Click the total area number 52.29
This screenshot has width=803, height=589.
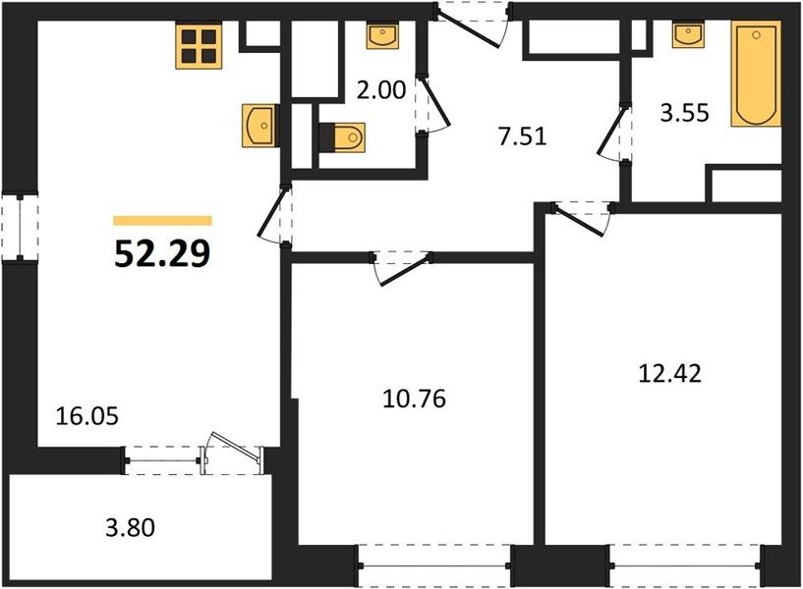click(x=162, y=253)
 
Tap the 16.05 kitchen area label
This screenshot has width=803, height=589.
click(x=87, y=416)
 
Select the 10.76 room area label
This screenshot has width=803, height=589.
click(x=415, y=399)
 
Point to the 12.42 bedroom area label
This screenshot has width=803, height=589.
click(x=670, y=374)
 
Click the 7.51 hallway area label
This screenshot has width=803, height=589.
click(x=523, y=136)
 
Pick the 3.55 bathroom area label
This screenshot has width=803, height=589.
click(x=685, y=113)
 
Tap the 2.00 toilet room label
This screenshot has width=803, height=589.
click(x=381, y=90)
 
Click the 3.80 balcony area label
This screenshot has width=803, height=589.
click(x=130, y=528)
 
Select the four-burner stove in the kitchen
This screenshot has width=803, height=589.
click(x=199, y=45)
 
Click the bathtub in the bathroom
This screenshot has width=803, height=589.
click(x=756, y=74)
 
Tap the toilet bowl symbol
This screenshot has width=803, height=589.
click(x=342, y=137)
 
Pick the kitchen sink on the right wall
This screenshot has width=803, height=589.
click(x=260, y=126)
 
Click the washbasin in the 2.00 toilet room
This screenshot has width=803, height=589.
click(x=382, y=35)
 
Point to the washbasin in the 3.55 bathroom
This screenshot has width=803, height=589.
click(x=688, y=34)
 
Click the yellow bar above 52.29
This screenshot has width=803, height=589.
click(x=163, y=220)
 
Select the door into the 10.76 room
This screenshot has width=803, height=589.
click(x=402, y=267)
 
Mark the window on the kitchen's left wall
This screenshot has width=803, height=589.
click(x=20, y=227)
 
